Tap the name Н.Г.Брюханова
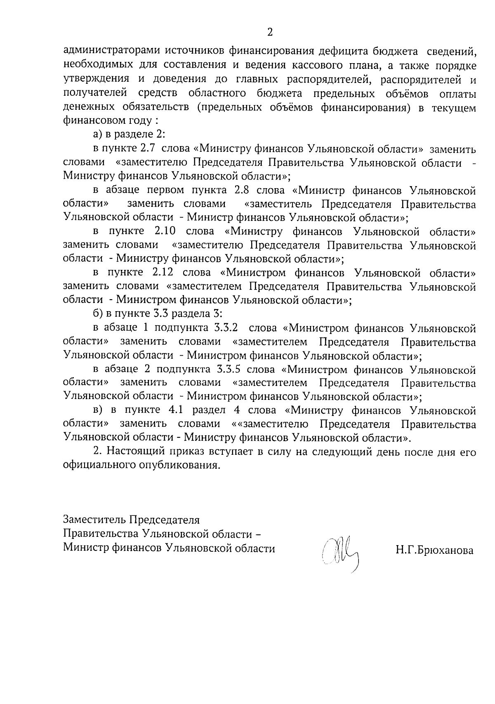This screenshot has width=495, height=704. (434, 550)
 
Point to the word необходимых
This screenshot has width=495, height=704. (91, 66)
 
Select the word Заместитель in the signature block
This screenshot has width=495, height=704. (93, 520)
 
